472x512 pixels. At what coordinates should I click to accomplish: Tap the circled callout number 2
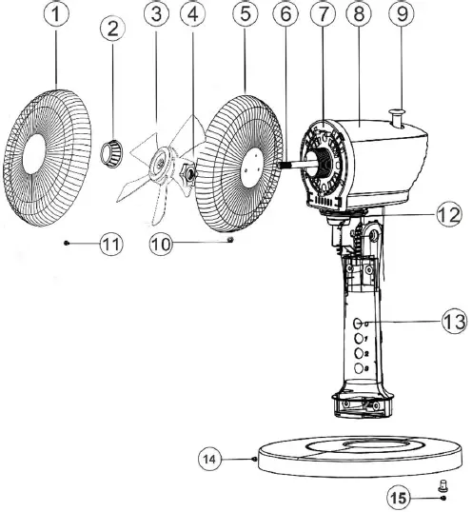click(x=114, y=29)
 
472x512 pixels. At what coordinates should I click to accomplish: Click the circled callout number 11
click(x=112, y=244)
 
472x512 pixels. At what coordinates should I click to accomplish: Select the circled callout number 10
click(x=163, y=244)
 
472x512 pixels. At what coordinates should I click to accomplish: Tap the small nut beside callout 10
click(x=230, y=242)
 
